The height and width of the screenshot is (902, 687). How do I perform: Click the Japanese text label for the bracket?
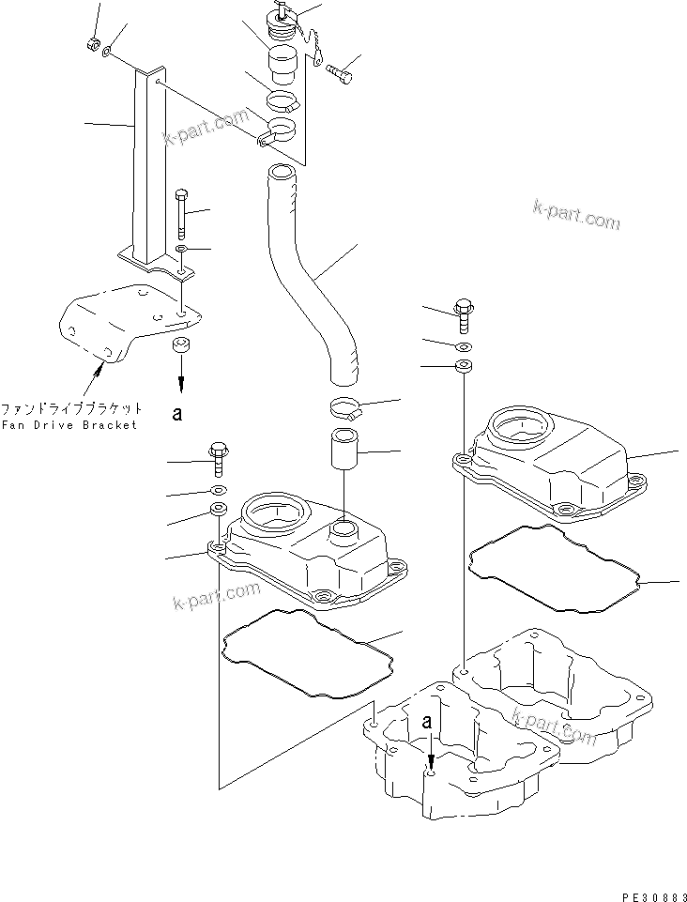click(x=71, y=409)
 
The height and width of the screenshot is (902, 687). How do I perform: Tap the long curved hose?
click(x=310, y=272)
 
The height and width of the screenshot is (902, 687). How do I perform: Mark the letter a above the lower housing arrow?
click(x=429, y=723)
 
